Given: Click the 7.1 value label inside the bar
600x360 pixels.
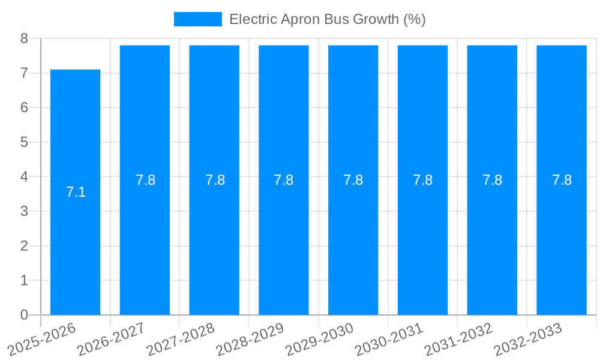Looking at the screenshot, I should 76,193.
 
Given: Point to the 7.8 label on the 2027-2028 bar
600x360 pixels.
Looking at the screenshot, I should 215,180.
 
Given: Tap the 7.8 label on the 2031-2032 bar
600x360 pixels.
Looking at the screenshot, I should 492,180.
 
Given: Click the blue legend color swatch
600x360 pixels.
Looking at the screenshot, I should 197,19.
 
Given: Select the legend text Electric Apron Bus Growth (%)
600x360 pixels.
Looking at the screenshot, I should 327,19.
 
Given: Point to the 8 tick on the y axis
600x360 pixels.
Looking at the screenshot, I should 24,38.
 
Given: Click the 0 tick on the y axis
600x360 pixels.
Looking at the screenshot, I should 24,315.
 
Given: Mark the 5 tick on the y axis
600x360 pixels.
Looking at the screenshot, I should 24,142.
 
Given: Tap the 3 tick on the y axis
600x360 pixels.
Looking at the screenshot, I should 24,211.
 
